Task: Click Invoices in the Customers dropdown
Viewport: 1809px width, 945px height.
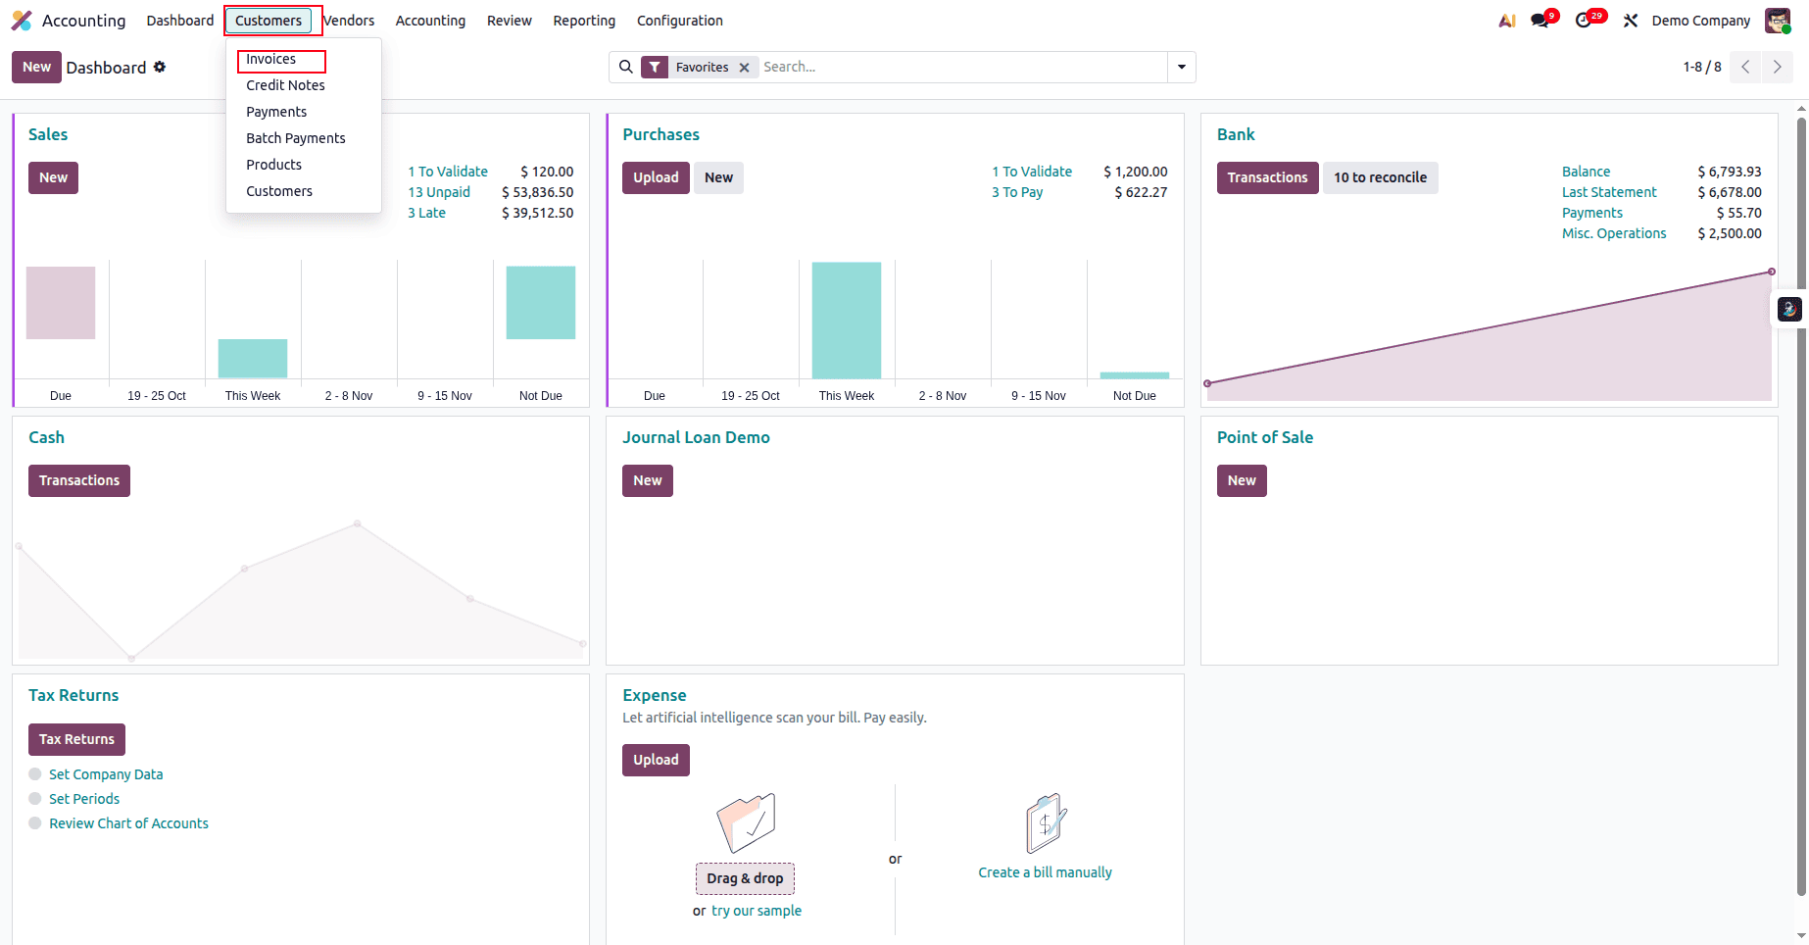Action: tap(271, 60)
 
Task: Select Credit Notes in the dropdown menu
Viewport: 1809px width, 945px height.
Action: tap(285, 85)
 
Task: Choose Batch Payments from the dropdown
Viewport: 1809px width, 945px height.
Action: tap(295, 138)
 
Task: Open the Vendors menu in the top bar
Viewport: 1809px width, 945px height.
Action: tap(350, 21)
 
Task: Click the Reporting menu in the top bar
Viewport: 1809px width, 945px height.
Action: tap(584, 21)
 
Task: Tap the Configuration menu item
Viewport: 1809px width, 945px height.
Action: tap(679, 21)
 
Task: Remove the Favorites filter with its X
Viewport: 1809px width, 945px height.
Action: tap(744, 68)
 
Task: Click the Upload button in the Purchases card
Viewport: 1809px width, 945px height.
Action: tap(656, 177)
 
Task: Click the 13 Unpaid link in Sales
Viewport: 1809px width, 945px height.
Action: tap(439, 192)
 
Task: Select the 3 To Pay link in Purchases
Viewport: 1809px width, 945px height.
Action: tap(1016, 192)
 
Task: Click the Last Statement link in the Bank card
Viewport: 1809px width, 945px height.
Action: tap(1608, 192)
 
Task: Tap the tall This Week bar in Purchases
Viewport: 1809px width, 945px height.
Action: tap(846, 320)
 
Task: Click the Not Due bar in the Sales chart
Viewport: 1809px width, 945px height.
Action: tap(540, 303)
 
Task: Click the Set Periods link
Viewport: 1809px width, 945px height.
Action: tap(84, 799)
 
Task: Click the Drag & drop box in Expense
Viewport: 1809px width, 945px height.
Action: tap(745, 878)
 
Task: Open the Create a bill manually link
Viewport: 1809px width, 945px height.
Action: tap(1045, 872)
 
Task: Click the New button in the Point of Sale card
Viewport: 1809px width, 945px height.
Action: tap(1241, 480)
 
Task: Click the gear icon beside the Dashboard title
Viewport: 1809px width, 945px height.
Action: tap(160, 67)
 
